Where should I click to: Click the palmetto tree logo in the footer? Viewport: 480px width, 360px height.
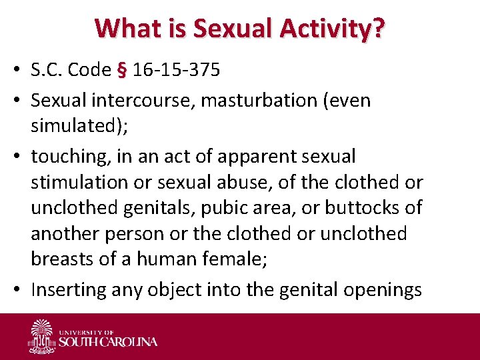[x=41, y=335]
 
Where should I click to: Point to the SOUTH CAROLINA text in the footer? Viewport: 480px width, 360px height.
[x=109, y=342]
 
